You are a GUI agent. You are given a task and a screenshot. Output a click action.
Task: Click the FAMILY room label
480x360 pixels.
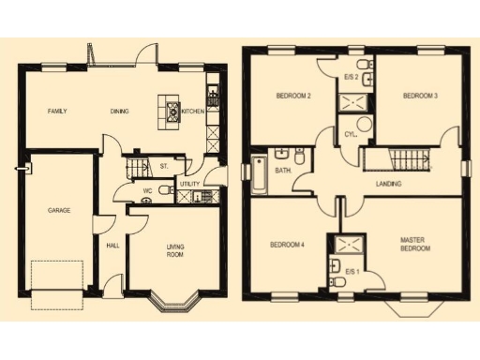[57, 112]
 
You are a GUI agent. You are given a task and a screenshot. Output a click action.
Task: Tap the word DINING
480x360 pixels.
[119, 112]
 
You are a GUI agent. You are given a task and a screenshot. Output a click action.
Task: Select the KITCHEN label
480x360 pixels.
[192, 112]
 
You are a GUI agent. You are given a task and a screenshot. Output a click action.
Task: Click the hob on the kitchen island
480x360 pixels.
[172, 113]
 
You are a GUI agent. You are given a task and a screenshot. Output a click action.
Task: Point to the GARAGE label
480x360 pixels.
[59, 211]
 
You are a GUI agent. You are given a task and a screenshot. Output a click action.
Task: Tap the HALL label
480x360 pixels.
[112, 246]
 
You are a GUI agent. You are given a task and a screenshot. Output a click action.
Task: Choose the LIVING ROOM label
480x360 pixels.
[175, 249]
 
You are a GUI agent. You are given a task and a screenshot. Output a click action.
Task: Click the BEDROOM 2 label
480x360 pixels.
[293, 96]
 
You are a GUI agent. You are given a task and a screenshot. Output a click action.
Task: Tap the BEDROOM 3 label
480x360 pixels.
[420, 96]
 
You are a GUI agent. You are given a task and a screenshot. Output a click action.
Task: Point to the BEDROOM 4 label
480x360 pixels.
[287, 245]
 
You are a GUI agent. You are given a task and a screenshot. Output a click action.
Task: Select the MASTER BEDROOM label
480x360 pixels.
[412, 245]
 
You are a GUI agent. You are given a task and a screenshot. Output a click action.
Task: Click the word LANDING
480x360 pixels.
[387, 184]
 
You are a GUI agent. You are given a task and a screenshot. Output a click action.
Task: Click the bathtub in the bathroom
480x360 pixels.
[258, 175]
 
